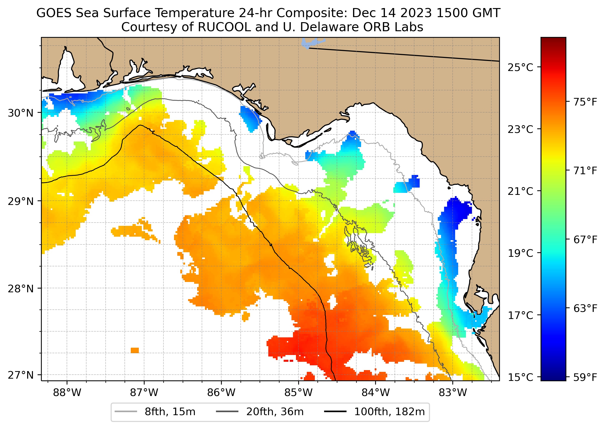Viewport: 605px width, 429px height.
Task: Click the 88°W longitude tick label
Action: click(67, 393)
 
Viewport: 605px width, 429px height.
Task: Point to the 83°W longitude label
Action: click(453, 393)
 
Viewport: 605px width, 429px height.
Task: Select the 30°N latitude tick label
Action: click(21, 113)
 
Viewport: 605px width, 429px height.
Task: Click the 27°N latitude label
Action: click(21, 375)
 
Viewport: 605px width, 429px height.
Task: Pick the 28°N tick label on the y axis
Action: click(21, 289)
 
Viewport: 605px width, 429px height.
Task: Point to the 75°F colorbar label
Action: click(585, 102)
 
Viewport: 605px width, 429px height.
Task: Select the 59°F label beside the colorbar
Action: click(585, 377)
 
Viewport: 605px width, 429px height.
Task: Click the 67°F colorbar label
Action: click(585, 240)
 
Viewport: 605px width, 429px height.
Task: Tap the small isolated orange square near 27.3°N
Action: click(135, 350)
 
